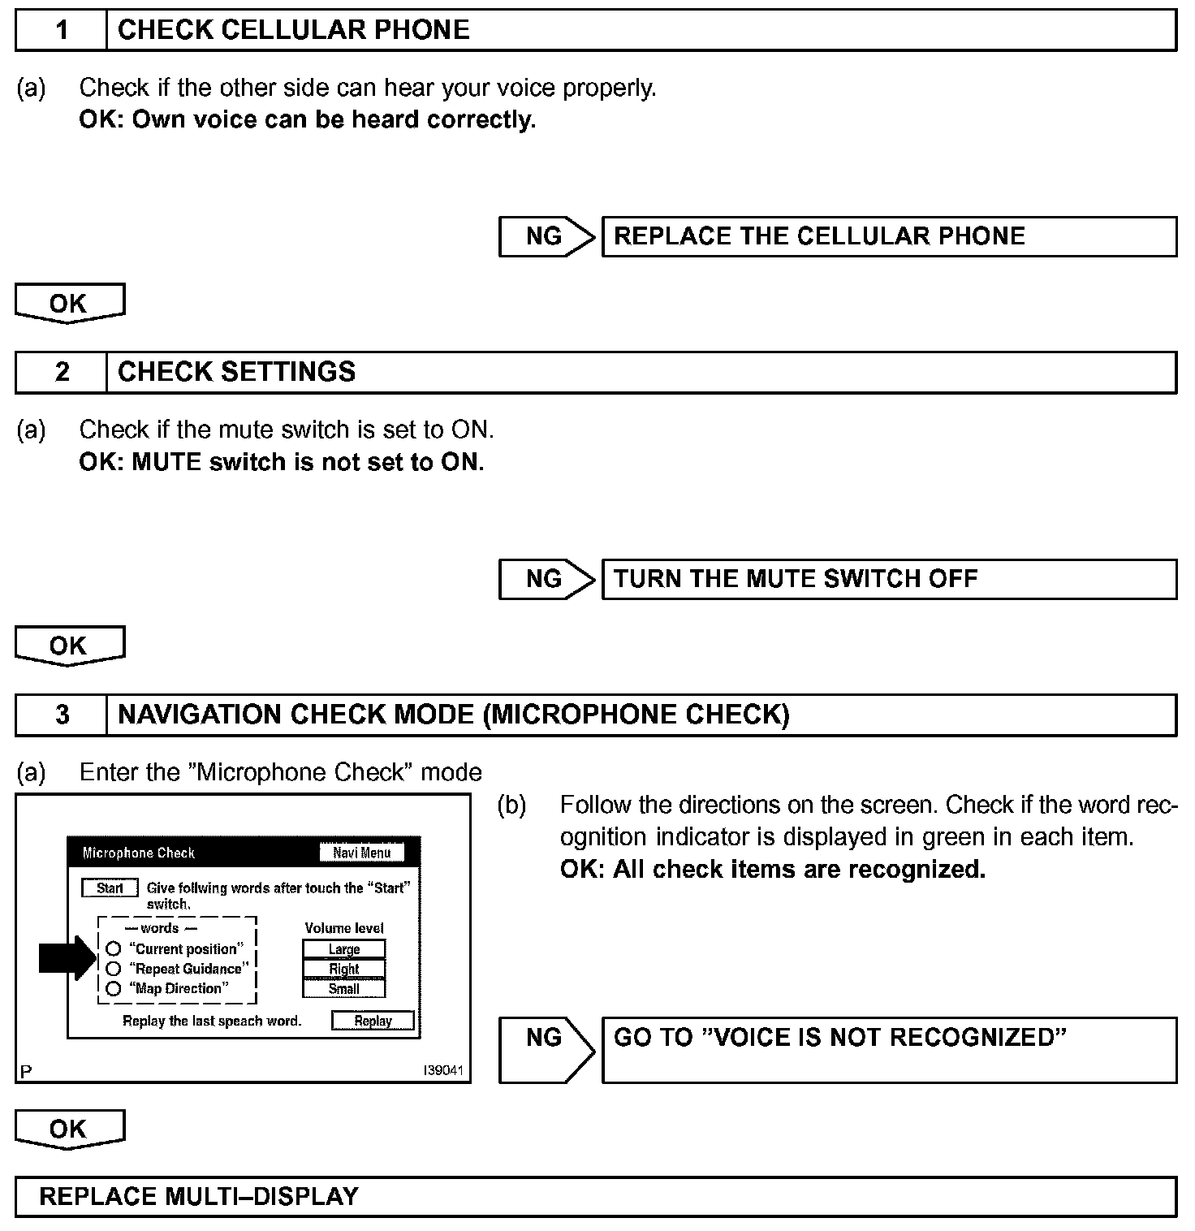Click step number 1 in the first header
point(62,31)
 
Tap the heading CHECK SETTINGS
point(236,372)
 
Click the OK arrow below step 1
point(69,303)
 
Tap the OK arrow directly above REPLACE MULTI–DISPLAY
point(69,1129)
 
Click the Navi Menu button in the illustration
point(362,853)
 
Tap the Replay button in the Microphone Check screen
point(373,1021)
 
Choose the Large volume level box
point(344,948)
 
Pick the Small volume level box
point(344,989)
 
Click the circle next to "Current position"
point(114,948)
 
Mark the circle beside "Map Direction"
point(114,989)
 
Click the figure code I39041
point(443,1070)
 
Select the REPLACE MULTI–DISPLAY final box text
point(199,1197)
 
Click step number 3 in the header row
point(62,715)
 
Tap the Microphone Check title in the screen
point(139,853)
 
